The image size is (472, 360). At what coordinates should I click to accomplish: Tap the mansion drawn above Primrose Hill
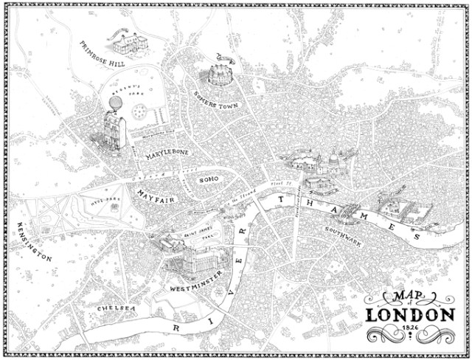click(x=127, y=41)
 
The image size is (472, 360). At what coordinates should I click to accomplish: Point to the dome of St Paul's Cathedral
click(x=333, y=158)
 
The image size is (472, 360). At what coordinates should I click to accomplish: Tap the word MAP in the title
click(x=399, y=298)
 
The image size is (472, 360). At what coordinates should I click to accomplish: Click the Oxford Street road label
click(x=147, y=178)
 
